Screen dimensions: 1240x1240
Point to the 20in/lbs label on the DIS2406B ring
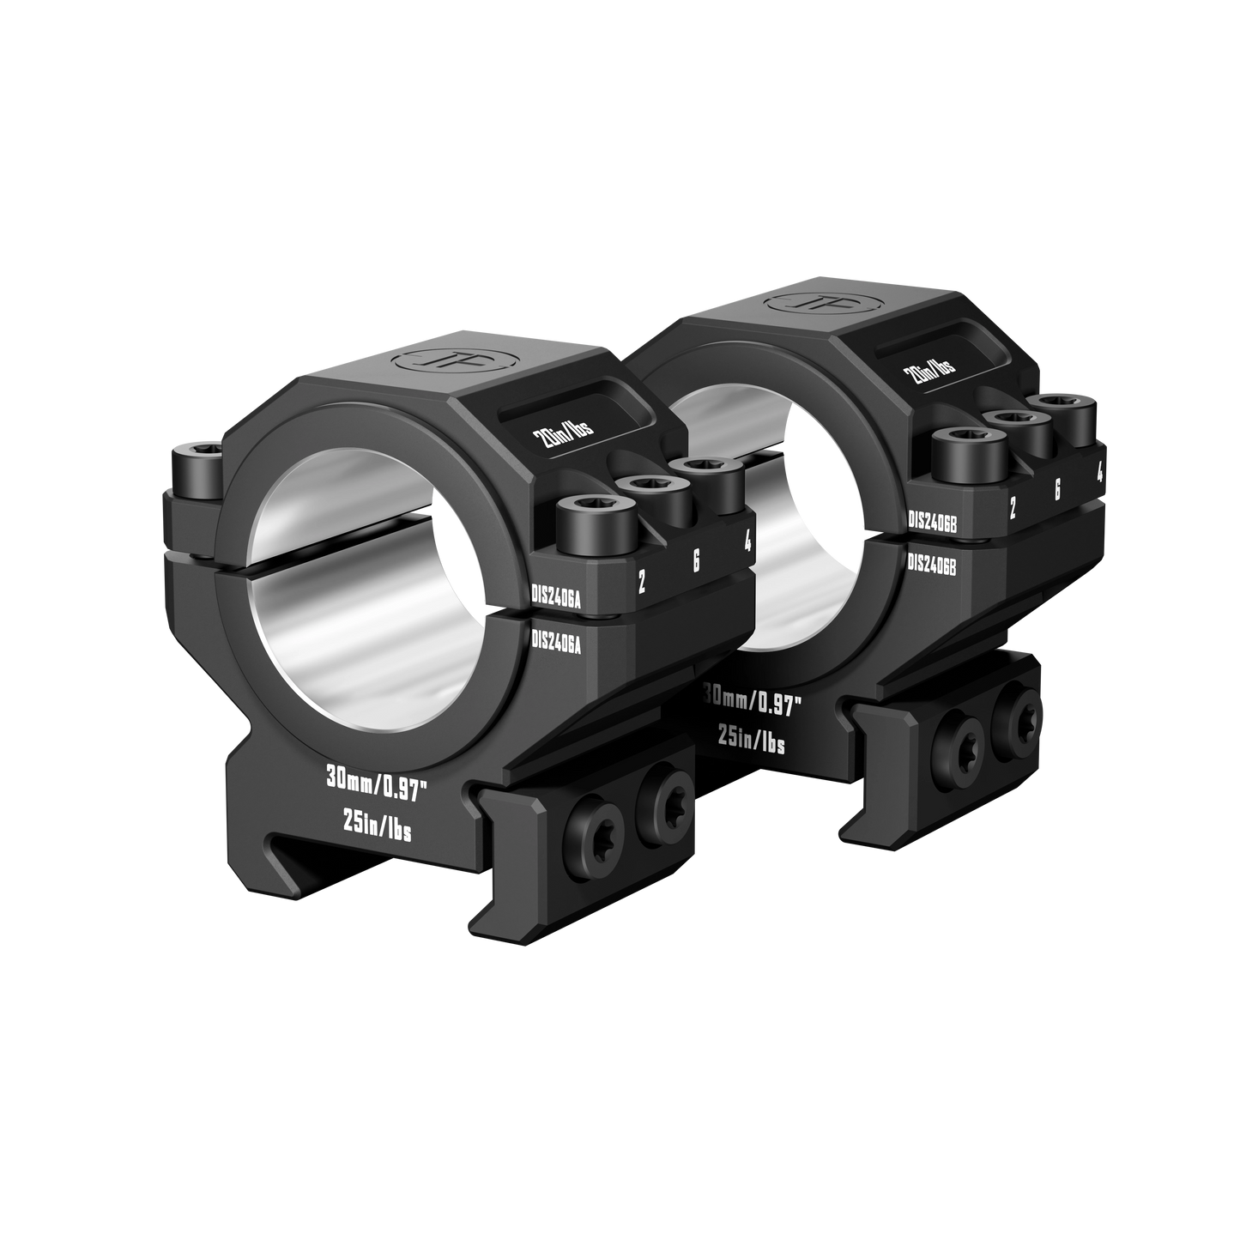pos(929,369)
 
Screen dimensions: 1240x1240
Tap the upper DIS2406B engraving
pos(933,520)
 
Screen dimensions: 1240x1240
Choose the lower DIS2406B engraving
pos(932,563)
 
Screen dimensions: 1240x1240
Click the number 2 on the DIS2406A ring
pos(641,583)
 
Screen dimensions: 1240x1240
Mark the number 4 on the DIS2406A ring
pos(748,541)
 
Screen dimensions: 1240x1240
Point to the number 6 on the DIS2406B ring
pos(1056,490)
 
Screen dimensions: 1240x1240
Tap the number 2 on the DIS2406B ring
pos(1013,509)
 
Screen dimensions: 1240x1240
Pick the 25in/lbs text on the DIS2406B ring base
pos(751,743)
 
